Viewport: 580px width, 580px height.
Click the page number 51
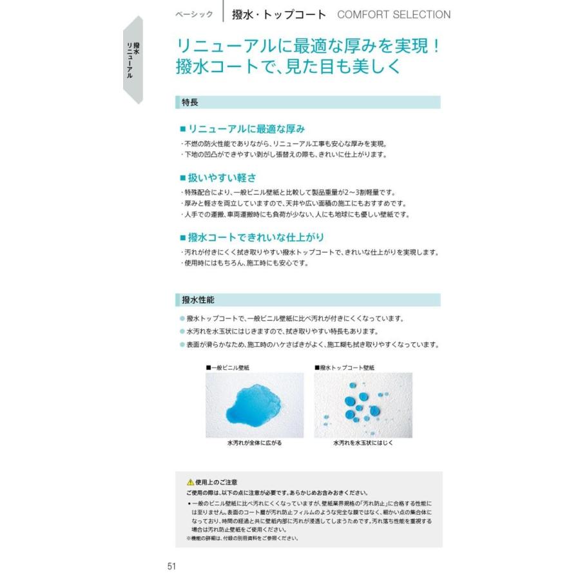171,566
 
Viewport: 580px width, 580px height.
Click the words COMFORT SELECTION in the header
394,14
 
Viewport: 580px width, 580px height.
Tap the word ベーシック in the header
193,14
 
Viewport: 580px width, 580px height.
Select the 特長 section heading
190,102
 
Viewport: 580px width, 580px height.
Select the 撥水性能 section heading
198,300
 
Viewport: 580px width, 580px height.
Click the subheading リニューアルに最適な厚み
242,128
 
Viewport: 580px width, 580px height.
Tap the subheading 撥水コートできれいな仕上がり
252,237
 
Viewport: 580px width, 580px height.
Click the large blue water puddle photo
254,405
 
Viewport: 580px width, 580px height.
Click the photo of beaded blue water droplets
363,405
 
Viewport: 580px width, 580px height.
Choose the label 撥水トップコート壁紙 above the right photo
344,367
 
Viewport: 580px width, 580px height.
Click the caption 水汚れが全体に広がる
254,444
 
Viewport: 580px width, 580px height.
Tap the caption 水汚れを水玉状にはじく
363,444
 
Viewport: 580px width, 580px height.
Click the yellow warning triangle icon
190,482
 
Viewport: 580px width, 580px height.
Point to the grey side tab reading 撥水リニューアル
133,60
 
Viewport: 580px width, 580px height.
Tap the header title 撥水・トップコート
279,14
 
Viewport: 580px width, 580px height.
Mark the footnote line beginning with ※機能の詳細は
242,538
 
